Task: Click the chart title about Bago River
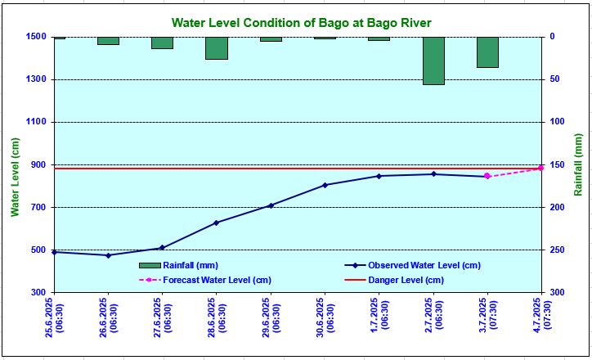click(301, 23)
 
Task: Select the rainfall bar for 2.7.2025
click(433, 61)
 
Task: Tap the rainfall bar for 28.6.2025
click(217, 48)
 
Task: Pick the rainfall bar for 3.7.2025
click(487, 52)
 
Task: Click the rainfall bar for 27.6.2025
click(163, 43)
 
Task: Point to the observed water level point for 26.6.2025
click(109, 255)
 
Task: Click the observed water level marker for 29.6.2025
click(271, 205)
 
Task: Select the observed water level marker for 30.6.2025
click(325, 185)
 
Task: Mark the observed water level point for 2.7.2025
click(433, 174)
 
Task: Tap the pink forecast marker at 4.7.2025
click(540, 168)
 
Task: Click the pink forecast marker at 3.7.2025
click(487, 176)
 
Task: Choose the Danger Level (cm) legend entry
click(394, 281)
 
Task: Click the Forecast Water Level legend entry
click(205, 281)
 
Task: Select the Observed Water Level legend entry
click(412, 266)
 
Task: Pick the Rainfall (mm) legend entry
click(178, 266)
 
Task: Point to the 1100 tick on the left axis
click(35, 122)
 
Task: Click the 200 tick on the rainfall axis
click(557, 207)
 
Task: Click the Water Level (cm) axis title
click(15, 178)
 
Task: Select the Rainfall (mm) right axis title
click(578, 164)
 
